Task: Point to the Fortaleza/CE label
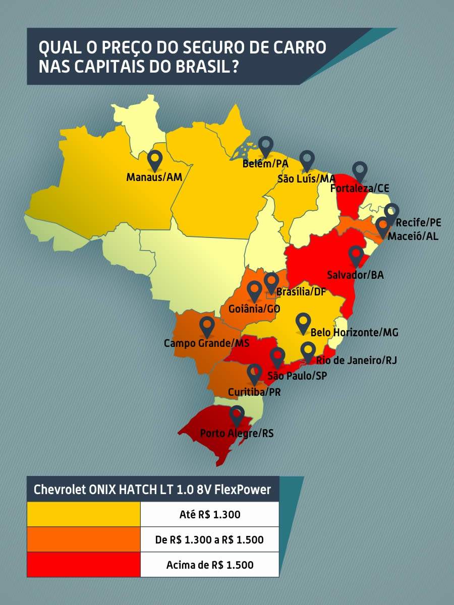coord(360,188)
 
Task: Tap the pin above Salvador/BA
coord(357,256)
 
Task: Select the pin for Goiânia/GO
coord(254,291)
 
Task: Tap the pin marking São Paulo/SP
coord(277,357)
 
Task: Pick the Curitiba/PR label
coord(254,392)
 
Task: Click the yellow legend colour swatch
coord(84,514)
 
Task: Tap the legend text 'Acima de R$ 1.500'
coord(210,565)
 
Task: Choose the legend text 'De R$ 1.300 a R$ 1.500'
coord(209,539)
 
